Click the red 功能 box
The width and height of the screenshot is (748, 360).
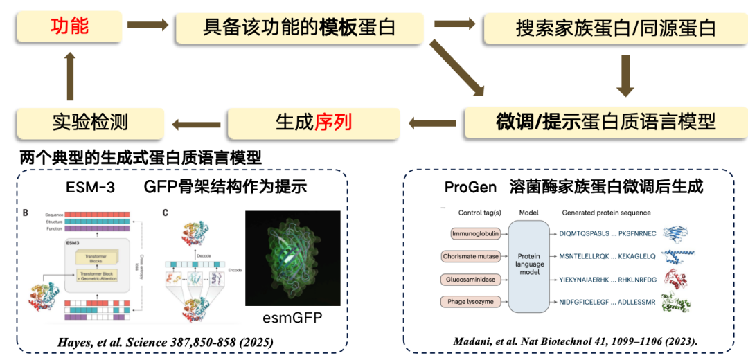69,28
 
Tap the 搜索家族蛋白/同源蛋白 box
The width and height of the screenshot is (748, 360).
616,28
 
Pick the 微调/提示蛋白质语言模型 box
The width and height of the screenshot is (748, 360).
605,122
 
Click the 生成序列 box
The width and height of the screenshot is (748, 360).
314,123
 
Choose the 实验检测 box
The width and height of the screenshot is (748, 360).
90,123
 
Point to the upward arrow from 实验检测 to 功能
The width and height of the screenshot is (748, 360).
70,75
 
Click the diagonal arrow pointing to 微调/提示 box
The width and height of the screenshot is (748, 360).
456,68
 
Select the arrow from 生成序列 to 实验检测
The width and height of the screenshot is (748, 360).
196,125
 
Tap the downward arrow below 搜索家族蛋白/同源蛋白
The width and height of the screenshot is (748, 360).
625,75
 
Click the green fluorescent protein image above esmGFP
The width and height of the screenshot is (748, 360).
292,258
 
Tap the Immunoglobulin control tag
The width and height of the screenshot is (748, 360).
477,233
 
